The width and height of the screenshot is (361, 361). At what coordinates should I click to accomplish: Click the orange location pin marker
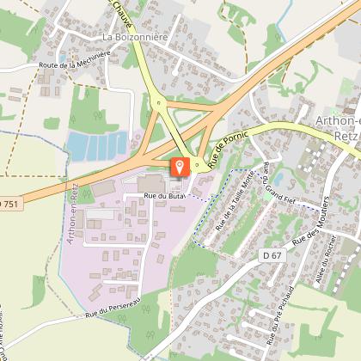tap(180, 166)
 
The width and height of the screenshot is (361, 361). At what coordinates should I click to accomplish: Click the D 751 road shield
tap(7, 203)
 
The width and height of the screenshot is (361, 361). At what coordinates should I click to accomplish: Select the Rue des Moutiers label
tap(311, 229)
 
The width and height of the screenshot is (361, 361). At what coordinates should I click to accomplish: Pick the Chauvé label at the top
tap(123, 12)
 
